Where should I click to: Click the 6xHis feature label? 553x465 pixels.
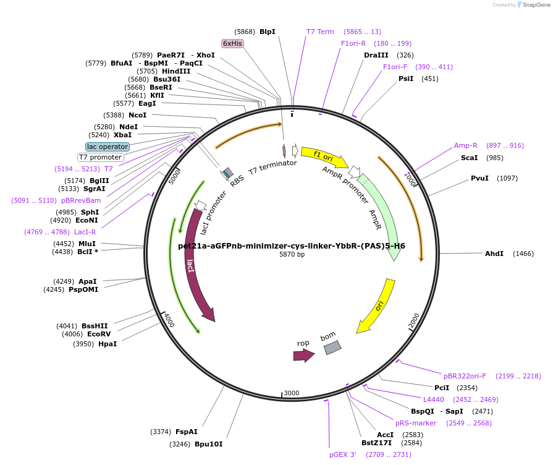tap(233, 43)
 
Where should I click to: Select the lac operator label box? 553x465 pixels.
tap(108, 147)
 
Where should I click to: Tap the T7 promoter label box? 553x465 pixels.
tap(100, 157)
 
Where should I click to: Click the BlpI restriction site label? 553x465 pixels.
tap(268, 32)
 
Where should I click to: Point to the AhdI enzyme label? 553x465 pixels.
tap(494, 254)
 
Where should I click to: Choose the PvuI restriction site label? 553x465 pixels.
tap(479, 178)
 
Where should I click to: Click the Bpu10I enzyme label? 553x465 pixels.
tap(208, 444)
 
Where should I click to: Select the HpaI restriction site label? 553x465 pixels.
tap(108, 344)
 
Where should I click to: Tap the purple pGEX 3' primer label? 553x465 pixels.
tap(343, 454)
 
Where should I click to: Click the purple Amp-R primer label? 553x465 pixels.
tap(466, 145)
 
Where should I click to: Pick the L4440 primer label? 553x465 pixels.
tap(434, 399)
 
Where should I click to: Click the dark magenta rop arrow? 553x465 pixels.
tap(303, 355)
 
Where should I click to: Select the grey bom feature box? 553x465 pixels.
tap(332, 348)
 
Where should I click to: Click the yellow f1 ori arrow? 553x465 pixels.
tap(324, 156)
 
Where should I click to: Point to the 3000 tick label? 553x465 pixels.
tap(292, 393)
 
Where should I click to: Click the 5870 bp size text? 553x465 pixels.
tap(292, 254)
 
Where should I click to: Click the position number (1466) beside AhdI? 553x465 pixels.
tap(523, 254)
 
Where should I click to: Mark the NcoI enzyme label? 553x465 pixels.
tap(138, 115)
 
